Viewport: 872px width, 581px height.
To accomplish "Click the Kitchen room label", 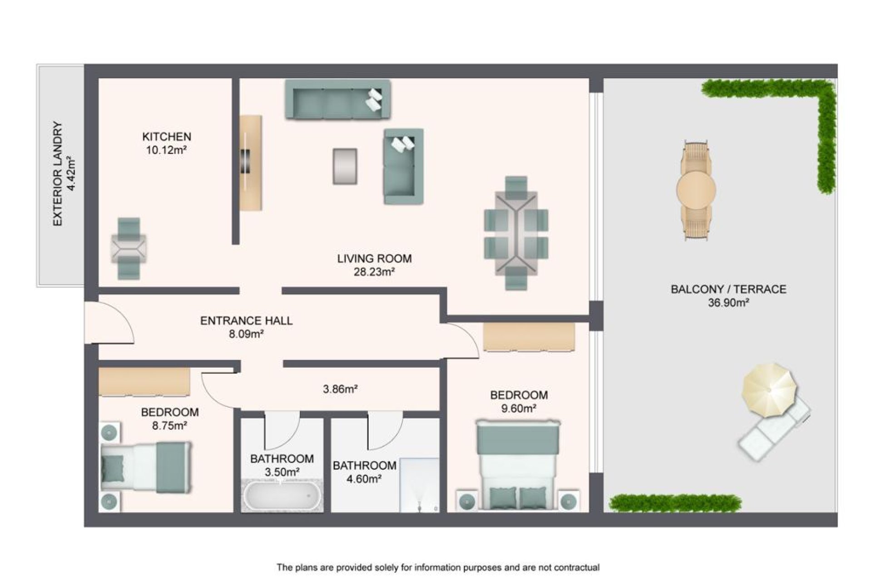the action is point(167,137).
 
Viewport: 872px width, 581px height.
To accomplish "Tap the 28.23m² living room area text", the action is point(374,272).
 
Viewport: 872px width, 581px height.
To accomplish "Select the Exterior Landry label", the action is point(57,174).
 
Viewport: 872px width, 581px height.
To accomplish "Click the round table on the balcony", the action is point(696,189).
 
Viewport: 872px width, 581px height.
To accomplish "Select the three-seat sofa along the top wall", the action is point(338,100).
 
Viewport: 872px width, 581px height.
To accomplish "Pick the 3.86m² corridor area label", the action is point(340,389).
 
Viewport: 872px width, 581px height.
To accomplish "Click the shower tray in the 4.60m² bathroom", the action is point(419,485).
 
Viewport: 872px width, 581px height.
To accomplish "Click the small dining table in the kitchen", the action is point(129,248).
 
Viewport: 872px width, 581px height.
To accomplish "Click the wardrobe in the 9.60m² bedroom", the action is point(529,337).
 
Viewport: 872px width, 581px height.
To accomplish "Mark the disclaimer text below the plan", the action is point(438,567).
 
